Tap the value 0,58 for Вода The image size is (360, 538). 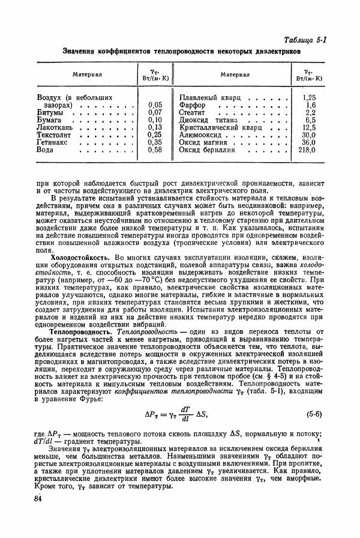coord(155,150)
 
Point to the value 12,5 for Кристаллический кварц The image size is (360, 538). coord(308,127)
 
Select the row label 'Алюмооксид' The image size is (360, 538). coord(202,134)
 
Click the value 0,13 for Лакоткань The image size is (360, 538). coord(155,127)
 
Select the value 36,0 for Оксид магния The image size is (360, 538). coord(308,142)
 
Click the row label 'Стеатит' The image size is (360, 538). coord(193,112)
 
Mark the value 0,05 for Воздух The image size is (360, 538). coord(155,104)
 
